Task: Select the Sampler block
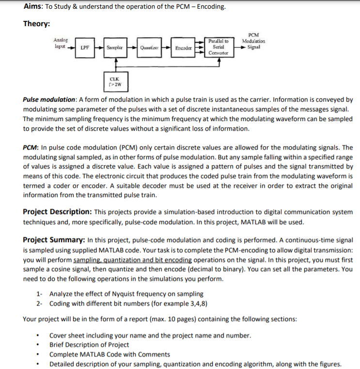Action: coord(114,48)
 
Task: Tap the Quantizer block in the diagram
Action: coord(148,48)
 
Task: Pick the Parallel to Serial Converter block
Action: coord(219,47)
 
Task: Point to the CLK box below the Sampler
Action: coord(115,80)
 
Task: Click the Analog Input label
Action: coord(61,43)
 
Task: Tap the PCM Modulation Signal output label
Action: coord(253,42)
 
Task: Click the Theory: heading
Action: coord(37,24)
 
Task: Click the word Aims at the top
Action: coord(33,7)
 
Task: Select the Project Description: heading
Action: coord(57,212)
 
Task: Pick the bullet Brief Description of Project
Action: coord(89,345)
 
